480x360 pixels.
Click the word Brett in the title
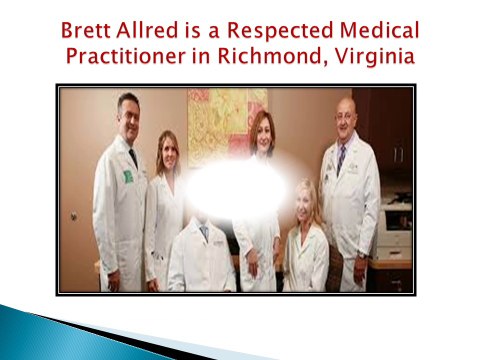(x=86, y=30)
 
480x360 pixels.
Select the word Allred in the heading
(x=147, y=30)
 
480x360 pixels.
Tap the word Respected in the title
(x=280, y=32)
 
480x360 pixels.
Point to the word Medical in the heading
(x=379, y=30)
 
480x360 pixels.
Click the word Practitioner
(x=126, y=56)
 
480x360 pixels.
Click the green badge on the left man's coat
(x=128, y=177)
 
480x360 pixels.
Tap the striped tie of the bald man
(x=340, y=159)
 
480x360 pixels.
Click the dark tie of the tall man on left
(x=133, y=158)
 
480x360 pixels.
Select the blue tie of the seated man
(x=204, y=232)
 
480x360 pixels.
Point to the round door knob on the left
(x=74, y=216)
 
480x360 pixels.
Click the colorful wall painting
(x=227, y=127)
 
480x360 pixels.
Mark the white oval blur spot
(x=236, y=189)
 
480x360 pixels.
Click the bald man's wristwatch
(x=362, y=255)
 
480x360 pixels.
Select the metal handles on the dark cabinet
(x=398, y=154)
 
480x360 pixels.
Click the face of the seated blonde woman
(x=304, y=203)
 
